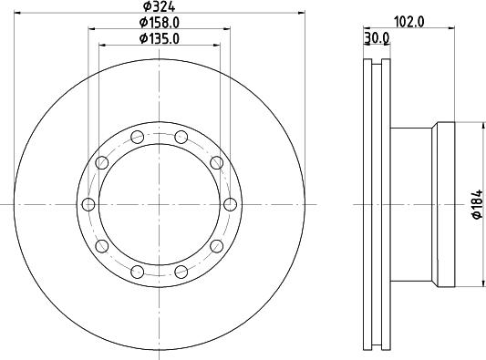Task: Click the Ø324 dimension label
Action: pos(159,5)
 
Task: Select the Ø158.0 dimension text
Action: pos(160,22)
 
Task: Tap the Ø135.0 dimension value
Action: pos(160,38)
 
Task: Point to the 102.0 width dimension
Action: pos(408,22)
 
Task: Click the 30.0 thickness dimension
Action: pos(377,37)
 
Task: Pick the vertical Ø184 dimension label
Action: pos(477,205)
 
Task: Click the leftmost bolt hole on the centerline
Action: pos(88,204)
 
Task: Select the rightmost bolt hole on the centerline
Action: pos(230,204)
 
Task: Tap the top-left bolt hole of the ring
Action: pos(138,137)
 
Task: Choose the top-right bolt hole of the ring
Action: pos(181,137)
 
